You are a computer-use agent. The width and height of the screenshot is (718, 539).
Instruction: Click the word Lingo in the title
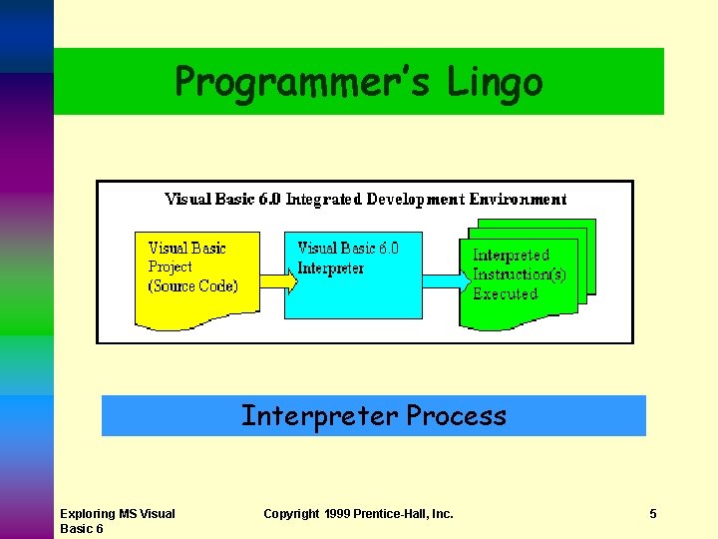click(495, 81)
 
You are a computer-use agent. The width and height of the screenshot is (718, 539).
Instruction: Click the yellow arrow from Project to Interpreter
click(278, 283)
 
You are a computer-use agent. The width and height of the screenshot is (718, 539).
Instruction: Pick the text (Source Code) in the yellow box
click(193, 286)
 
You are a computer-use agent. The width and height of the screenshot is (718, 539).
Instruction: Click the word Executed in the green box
click(505, 294)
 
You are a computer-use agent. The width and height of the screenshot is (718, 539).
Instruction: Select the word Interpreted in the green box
click(511, 256)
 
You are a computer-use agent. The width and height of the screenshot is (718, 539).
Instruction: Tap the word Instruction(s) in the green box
click(519, 274)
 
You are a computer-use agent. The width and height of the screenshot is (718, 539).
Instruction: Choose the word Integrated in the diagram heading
click(323, 199)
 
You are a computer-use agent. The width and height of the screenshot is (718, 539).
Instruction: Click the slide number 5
click(652, 514)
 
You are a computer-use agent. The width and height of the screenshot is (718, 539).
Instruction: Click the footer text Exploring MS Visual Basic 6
click(117, 521)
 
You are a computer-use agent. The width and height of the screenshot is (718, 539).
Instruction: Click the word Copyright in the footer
click(291, 514)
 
